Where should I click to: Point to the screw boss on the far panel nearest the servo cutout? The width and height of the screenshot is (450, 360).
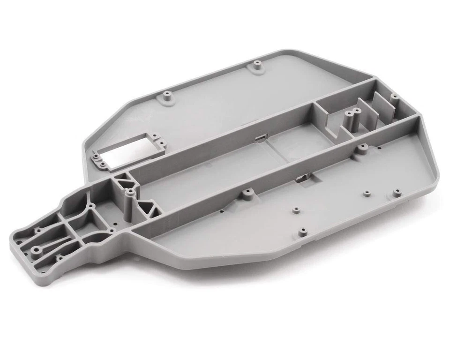167,96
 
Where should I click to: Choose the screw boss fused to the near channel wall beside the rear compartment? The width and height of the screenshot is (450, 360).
362,149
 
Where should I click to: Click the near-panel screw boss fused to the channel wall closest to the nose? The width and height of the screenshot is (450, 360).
244,193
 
